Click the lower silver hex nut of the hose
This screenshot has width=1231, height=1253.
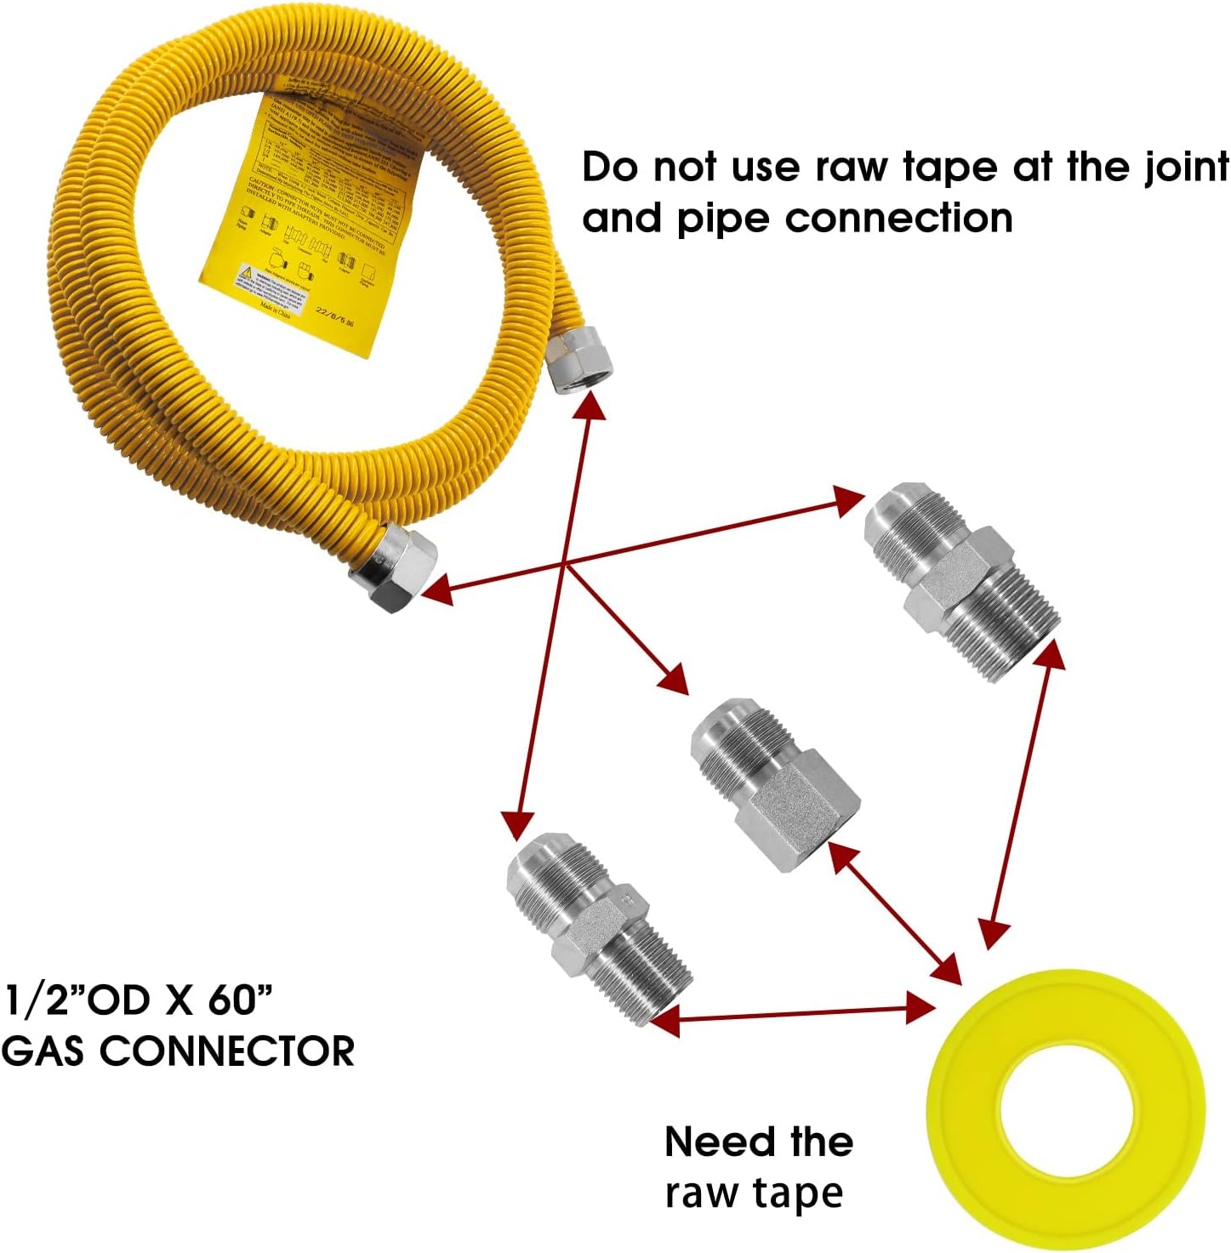[x=394, y=567]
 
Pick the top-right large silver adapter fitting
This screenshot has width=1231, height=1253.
[x=961, y=578]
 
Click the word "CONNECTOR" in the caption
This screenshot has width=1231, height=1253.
[x=227, y=1051]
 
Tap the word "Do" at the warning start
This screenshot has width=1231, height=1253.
[x=610, y=168]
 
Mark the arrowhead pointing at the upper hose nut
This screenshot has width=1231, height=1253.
[x=590, y=407]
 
